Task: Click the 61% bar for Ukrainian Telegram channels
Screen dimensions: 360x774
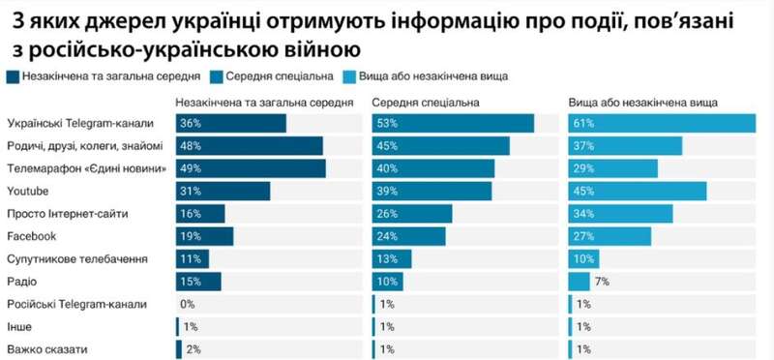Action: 661,123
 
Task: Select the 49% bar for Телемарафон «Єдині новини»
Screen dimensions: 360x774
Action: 251,169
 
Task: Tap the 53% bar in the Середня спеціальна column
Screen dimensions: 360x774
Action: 453,123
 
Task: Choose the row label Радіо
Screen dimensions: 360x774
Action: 21,282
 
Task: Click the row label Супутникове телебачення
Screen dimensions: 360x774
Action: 76,259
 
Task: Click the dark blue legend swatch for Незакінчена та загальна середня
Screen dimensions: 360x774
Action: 13,75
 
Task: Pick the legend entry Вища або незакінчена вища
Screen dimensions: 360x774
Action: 432,75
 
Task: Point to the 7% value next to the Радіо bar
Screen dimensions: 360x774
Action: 602,282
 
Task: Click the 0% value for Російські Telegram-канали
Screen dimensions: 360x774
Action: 188,304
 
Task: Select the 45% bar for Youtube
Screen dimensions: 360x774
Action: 637,192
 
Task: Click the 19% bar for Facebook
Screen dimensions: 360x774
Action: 204,236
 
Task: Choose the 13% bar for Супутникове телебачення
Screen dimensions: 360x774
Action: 392,259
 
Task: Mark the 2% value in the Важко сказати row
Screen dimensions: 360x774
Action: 192,349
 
